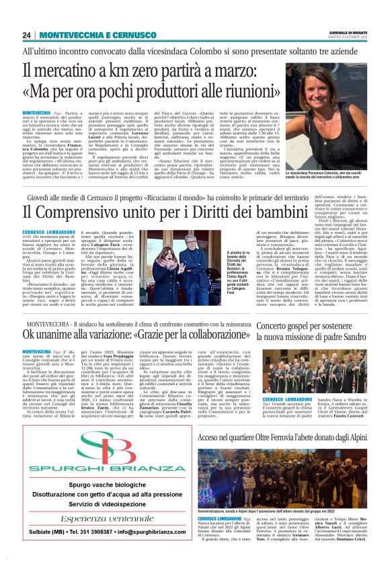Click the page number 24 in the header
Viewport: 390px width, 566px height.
tap(26, 36)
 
